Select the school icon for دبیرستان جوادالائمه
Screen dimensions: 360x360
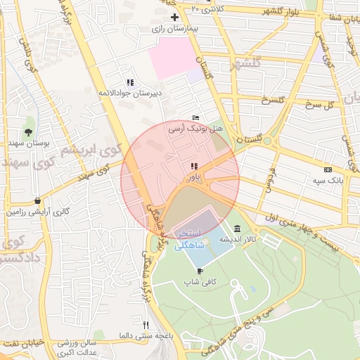click(x=129, y=82)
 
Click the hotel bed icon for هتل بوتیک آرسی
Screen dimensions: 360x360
click(x=195, y=118)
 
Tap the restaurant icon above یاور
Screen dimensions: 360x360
click(x=193, y=167)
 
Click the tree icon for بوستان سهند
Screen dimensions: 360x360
click(x=28, y=131)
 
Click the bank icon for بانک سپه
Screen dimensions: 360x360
click(x=328, y=169)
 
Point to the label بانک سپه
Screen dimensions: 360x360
click(x=326, y=181)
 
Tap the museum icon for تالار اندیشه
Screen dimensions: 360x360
click(x=237, y=229)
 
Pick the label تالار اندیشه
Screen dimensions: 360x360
click(x=237, y=240)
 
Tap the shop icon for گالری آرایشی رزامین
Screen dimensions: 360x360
click(x=37, y=200)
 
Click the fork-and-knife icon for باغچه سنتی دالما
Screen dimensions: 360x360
click(x=146, y=325)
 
